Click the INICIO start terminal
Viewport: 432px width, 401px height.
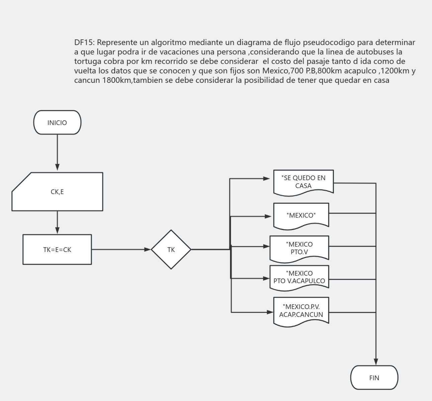(57, 122)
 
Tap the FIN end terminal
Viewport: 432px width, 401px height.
(374, 378)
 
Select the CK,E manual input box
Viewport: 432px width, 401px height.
(57, 191)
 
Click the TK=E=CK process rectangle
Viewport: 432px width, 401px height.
(57, 249)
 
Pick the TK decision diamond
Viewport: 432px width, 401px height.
(171, 249)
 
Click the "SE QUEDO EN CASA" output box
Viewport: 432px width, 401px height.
(304, 183)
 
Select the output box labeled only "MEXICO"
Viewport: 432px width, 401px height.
(301, 216)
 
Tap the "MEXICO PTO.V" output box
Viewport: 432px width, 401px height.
(299, 249)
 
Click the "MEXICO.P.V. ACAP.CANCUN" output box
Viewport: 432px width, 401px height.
(301, 312)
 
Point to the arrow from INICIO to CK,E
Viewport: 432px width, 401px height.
(57, 152)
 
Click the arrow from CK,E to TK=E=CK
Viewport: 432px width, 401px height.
(57, 222)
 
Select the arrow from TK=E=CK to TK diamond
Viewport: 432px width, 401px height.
(121, 249)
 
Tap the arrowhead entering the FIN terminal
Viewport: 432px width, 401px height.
(376, 362)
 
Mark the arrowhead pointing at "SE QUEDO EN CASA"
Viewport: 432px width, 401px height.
(266, 178)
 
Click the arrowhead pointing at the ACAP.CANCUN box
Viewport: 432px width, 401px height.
(270, 312)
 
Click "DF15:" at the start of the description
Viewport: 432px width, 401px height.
(85, 42)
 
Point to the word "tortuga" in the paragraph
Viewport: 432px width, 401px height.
(88, 61)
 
